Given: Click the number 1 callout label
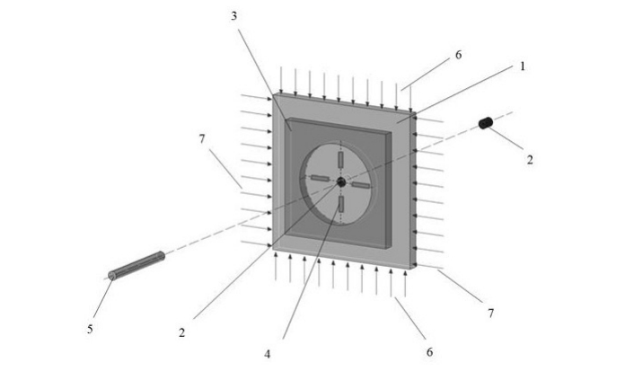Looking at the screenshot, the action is [x=522, y=66].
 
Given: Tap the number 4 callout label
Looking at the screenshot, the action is [x=267, y=354].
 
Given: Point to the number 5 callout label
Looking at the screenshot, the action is [x=90, y=329].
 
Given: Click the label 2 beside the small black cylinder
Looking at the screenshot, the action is [x=530, y=160].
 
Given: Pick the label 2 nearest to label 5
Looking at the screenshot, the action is [x=182, y=333].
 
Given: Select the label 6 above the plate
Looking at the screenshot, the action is [x=458, y=55].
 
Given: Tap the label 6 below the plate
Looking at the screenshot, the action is [x=429, y=352].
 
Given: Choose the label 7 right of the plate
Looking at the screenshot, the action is [x=490, y=314].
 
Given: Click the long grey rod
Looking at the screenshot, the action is [x=136, y=265].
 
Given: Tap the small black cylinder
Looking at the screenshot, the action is [x=486, y=122].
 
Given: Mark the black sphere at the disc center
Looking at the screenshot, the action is [x=341, y=182].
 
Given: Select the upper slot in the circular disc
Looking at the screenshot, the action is [x=341, y=159].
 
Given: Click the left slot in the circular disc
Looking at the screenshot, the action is [x=320, y=179].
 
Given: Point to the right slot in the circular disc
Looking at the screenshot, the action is [x=360, y=185].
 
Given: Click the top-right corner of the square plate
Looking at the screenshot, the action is [x=412, y=112].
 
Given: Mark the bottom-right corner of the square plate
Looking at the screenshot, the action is [x=413, y=268].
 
